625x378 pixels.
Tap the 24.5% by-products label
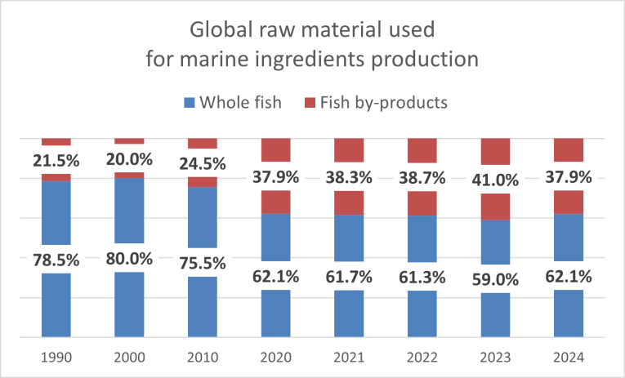tap(203, 162)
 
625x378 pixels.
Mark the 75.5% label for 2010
tap(203, 262)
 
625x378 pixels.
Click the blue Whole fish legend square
tap(190, 103)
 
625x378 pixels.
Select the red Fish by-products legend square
tap(309, 103)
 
